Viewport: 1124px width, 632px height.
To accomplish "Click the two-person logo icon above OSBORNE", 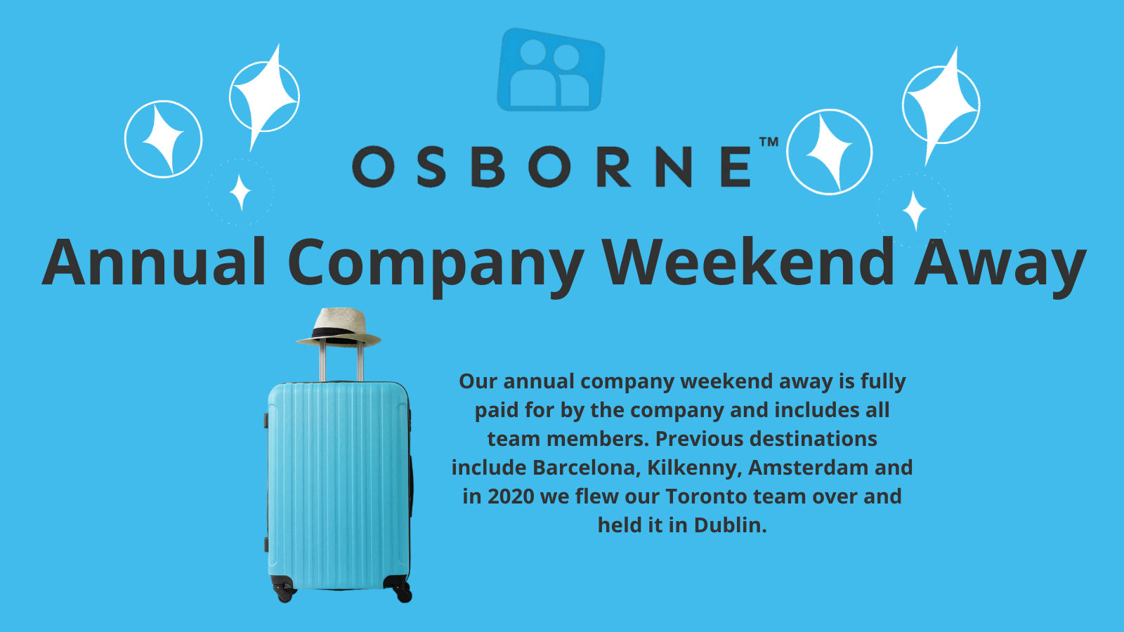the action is point(551,70).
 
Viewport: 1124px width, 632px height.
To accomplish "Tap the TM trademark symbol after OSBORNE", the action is point(769,142).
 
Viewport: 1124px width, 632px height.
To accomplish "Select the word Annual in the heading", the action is point(154,263).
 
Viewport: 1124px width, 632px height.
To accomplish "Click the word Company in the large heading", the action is point(436,266).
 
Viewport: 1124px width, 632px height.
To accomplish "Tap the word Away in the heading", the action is point(1000,266).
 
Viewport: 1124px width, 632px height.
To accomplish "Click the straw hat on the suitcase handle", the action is point(339,327).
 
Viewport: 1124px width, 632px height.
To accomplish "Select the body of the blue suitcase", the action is point(339,484).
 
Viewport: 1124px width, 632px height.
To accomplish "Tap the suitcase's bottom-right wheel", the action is point(403,594).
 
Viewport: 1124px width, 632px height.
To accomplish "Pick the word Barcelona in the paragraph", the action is point(586,468).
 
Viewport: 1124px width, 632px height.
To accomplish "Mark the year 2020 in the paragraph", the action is point(511,496).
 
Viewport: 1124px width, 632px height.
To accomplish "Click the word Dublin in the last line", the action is point(730,525).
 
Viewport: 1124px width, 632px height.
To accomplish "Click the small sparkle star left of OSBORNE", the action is point(240,192).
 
